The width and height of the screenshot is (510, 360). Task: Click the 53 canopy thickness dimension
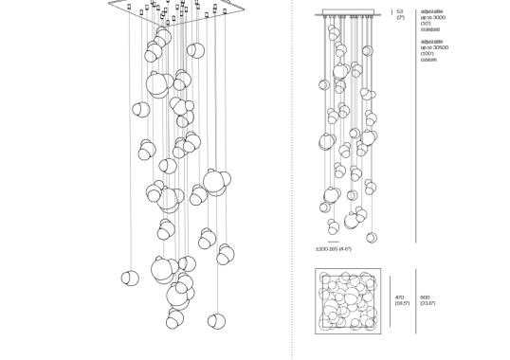click(x=400, y=11)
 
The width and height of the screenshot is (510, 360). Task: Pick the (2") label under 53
click(x=400, y=18)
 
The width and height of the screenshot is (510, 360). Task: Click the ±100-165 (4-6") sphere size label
click(x=334, y=249)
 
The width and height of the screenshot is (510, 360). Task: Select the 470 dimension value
click(x=399, y=297)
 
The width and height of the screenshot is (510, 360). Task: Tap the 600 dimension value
click(x=426, y=297)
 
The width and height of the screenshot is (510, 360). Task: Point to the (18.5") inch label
click(x=402, y=303)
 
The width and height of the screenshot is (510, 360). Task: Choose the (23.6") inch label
click(x=428, y=303)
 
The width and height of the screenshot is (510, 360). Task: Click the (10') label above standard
click(x=426, y=23)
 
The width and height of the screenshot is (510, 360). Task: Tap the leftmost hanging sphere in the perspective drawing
click(x=131, y=278)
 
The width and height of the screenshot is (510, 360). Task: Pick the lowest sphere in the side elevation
click(x=372, y=237)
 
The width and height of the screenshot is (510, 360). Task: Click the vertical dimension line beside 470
click(x=391, y=300)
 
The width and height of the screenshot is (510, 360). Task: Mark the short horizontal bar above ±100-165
click(x=333, y=242)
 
